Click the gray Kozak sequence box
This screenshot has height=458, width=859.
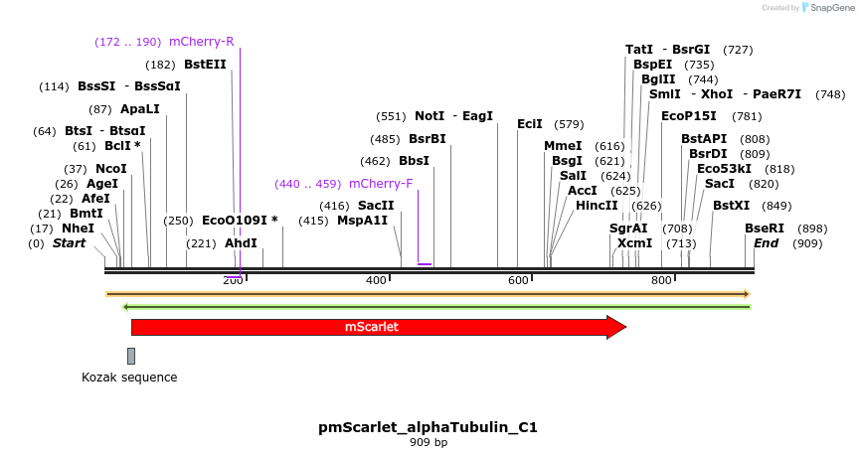tap(131, 356)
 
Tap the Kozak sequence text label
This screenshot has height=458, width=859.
tap(129, 378)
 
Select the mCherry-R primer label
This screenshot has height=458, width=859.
tap(202, 42)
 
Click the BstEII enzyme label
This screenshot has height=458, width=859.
tap(205, 65)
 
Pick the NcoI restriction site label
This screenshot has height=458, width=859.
tap(111, 169)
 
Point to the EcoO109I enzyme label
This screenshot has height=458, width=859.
tap(240, 221)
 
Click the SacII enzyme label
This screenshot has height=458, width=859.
tap(376, 206)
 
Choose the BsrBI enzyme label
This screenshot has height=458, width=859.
tap(428, 139)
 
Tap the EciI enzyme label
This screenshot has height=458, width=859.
tap(530, 124)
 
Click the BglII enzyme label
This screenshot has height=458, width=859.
tap(658, 79)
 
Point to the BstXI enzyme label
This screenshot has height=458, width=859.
tap(732, 206)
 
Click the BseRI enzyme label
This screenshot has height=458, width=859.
tap(765, 229)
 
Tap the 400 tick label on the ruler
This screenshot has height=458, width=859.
tap(376, 281)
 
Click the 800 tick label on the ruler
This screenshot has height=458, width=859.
tap(662, 281)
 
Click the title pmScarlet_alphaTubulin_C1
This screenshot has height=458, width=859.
tap(429, 427)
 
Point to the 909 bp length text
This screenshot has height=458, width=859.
tap(429, 442)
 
